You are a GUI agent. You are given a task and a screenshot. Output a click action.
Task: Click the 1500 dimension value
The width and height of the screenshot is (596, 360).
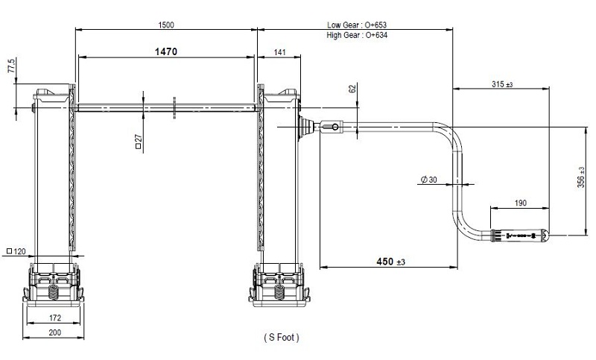pyautogui.click(x=166, y=25)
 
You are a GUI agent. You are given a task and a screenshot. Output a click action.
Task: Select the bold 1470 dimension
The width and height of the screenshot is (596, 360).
pyautogui.click(x=166, y=51)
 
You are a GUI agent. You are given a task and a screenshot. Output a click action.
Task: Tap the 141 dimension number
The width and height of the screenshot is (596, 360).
pyautogui.click(x=279, y=52)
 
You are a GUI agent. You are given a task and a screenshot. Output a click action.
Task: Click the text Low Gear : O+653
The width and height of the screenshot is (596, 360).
pyautogui.click(x=357, y=25)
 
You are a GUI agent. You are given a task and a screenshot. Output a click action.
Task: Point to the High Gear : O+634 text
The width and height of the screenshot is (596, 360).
pyautogui.click(x=357, y=35)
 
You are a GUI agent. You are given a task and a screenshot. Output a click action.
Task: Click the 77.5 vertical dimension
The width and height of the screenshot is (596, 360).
pyautogui.click(x=12, y=66)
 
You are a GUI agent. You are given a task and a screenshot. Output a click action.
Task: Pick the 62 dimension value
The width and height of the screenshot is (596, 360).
pyautogui.click(x=352, y=89)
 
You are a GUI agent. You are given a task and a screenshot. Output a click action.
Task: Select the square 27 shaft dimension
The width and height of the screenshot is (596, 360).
pyautogui.click(x=139, y=141)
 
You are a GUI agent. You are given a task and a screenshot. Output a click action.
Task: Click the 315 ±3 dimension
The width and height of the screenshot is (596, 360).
pyautogui.click(x=502, y=84)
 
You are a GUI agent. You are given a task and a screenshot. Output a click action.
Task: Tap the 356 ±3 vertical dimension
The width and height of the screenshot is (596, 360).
pyautogui.click(x=581, y=177)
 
